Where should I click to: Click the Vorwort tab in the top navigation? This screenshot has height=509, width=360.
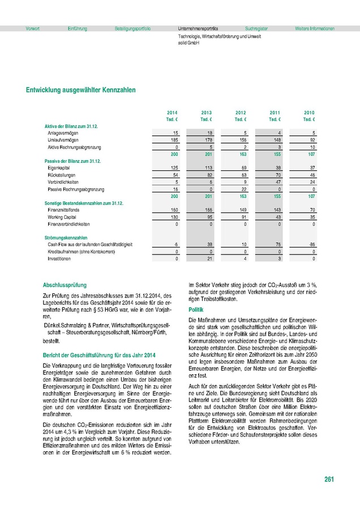pos(32,28)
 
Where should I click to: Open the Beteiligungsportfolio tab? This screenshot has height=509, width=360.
pos(132,28)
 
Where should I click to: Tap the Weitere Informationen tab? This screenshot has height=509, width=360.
pos(315,28)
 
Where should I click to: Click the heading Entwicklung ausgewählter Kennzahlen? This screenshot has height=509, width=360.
pos(80,89)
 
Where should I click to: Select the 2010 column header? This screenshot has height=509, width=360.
pos(309,113)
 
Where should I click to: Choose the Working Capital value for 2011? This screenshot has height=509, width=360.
pos(277,217)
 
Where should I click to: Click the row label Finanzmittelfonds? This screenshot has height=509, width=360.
pos(62,210)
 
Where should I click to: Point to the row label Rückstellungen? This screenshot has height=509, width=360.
pos(61,175)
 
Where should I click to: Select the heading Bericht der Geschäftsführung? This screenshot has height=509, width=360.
pos(98,355)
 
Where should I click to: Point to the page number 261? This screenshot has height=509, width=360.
pos(329,480)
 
